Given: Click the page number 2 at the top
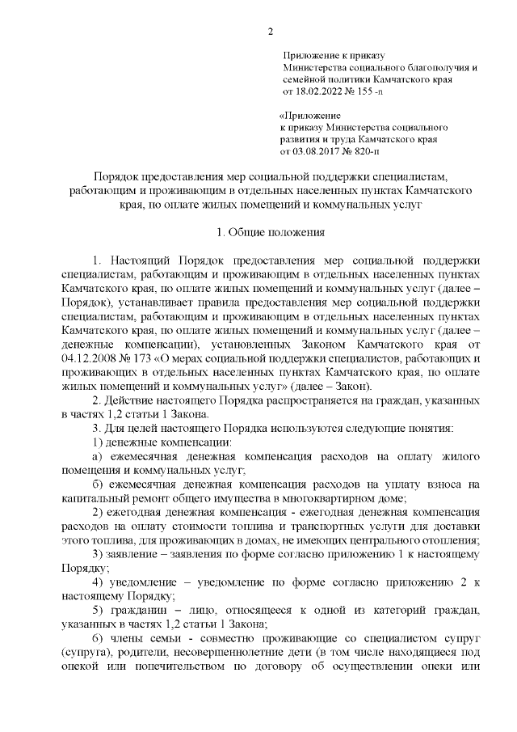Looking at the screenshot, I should coord(271,32).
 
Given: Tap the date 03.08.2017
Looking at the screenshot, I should coord(316,151).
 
